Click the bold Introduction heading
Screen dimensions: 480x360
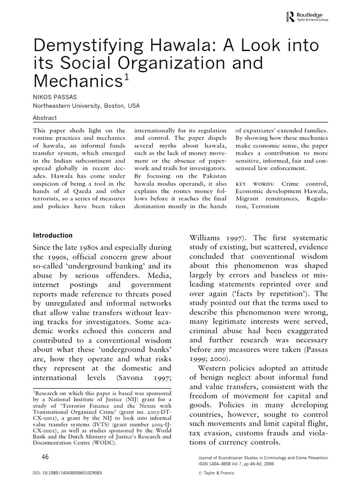[52, 235]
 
